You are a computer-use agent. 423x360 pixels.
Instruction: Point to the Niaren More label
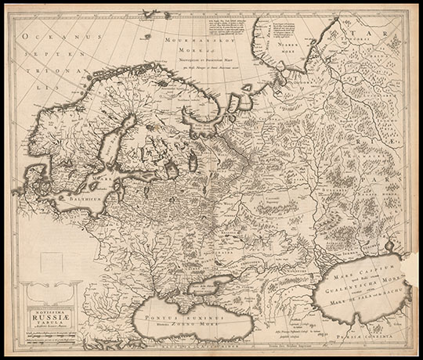tap(295, 53)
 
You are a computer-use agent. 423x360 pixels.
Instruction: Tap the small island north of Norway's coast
tap(165, 13)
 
